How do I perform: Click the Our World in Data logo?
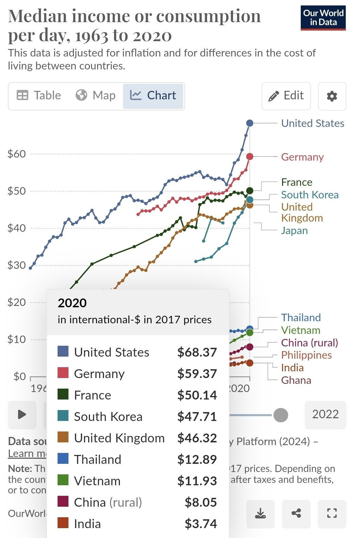pos(323,18)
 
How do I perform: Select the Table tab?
pos(39,96)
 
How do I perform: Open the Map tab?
pos(96,96)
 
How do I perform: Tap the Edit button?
pos(286,96)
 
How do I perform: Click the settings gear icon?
pos(332,96)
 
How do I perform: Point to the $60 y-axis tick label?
pos(17,154)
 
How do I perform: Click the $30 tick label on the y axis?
pos(17,265)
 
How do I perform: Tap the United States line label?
pos(312,123)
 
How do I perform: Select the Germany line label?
pos(302,157)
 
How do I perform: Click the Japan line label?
pos(294,230)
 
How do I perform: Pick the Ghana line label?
pos(296,380)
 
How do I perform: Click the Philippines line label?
pos(306,355)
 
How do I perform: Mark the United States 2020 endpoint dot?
pos(250,123)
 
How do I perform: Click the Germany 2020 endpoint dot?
pos(250,157)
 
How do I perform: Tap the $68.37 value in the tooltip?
pos(197,352)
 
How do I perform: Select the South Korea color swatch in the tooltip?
pos(63,416)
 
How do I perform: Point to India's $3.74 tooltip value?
pos(201,524)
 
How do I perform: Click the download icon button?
pos(260,513)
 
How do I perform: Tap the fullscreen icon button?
pos(331,513)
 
